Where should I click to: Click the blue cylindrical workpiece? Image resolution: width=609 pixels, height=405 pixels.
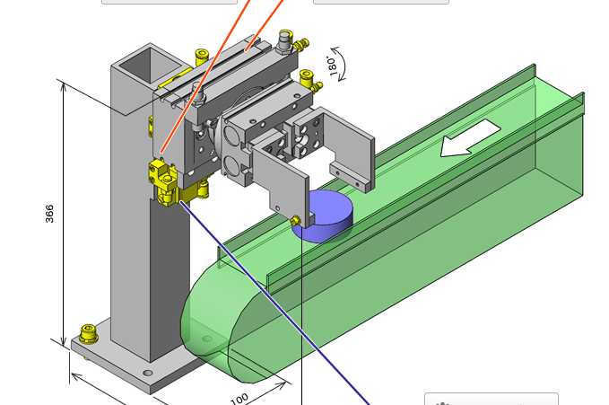[326, 215]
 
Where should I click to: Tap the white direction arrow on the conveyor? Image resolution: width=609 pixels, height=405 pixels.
[470, 138]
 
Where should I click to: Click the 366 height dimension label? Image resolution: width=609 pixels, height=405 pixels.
[49, 214]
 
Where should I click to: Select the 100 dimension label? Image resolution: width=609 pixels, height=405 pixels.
[239, 400]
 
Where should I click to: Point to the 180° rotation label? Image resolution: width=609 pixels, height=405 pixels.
[332, 66]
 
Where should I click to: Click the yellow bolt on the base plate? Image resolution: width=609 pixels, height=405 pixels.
[88, 334]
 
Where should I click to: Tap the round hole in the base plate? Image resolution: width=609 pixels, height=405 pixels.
[148, 373]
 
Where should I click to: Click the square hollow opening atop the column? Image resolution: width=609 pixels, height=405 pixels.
[150, 66]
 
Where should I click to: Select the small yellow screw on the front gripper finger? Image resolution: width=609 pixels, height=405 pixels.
[295, 221]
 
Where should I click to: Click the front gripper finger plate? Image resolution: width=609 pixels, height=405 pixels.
[281, 179]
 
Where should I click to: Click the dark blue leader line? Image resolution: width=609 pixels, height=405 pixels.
[274, 303]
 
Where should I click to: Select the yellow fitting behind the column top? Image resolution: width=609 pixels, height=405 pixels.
[202, 57]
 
